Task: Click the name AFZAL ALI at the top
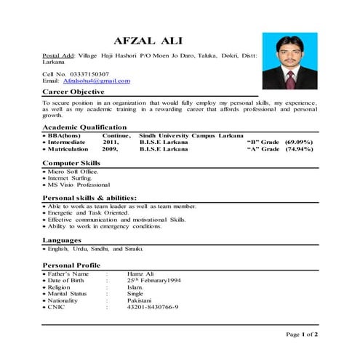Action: [x=148, y=39]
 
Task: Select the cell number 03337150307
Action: [x=87, y=73]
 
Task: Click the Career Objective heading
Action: [x=73, y=92]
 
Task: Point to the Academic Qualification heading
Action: [x=84, y=127]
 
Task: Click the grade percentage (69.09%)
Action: [x=299, y=142]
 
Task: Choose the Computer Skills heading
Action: [x=71, y=162]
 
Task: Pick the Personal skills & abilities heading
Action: [x=89, y=198]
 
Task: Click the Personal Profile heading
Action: [x=72, y=265]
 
